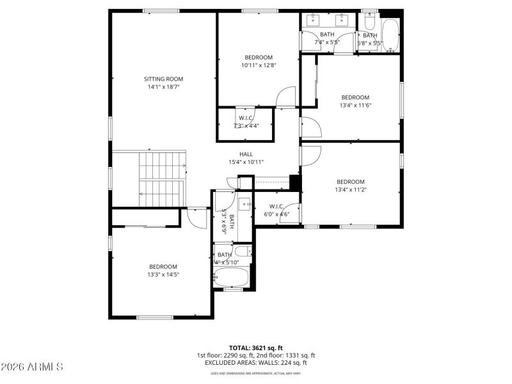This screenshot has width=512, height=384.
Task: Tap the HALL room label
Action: [x=246, y=154]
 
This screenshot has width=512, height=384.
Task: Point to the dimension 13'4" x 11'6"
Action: [x=355, y=106]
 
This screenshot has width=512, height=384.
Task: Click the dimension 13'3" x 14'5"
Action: [x=163, y=275]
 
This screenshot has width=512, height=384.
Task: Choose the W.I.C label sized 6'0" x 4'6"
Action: [x=276, y=214]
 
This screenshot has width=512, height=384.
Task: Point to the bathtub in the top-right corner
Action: [x=390, y=34]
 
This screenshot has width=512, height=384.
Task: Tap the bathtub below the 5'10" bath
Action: [x=230, y=277]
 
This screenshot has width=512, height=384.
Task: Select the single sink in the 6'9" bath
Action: [x=244, y=204]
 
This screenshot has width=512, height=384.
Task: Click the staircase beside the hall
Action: [x=162, y=179]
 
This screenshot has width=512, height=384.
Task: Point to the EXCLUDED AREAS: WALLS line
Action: [x=255, y=363]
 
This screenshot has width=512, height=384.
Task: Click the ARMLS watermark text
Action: [x=32, y=367]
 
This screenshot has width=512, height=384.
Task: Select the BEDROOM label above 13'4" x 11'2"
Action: [x=350, y=182]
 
